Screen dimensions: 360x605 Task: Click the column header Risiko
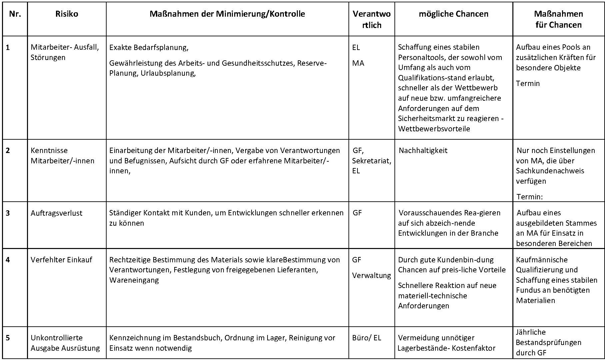tap(67, 14)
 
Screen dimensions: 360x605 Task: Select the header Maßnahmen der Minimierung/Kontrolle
tap(227, 14)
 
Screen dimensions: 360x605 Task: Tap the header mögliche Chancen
tap(453, 14)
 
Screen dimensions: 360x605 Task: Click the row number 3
tap(8, 213)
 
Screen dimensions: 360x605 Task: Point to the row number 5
tap(8, 338)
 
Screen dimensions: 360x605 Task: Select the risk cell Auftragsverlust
tap(56, 213)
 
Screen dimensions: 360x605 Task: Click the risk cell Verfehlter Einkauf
tap(61, 260)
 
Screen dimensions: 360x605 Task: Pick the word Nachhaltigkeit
tap(423, 150)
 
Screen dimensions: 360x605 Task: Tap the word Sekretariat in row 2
tap(371, 161)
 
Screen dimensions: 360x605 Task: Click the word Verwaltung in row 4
tap(371, 275)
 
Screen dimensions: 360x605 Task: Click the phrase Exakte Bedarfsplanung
tap(149, 47)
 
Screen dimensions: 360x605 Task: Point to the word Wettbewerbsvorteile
tap(434, 129)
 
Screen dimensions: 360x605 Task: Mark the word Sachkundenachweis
tap(550, 171)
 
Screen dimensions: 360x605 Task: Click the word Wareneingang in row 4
tap(134, 280)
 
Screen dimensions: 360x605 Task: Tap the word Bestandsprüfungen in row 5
tap(548, 342)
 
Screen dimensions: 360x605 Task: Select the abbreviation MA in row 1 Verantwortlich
tap(358, 63)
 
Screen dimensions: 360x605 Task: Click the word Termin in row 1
tap(528, 83)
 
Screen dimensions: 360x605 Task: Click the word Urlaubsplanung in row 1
tap(168, 73)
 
